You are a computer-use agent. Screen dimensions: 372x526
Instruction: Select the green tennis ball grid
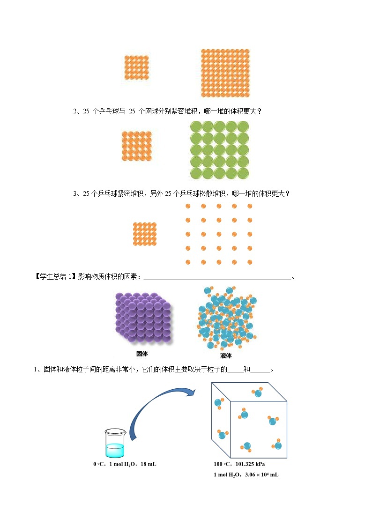219,150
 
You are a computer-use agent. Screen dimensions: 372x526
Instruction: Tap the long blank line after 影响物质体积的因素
217,278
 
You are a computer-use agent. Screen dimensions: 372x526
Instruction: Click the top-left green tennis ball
196,127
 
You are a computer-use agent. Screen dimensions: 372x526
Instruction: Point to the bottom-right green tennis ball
243,173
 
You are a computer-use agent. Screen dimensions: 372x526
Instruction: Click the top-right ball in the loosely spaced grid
249,206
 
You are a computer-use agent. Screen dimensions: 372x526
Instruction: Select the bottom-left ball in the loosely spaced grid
188,262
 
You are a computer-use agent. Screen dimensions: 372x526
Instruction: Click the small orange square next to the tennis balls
137,146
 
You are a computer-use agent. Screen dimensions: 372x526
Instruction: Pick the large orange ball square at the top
225,73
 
